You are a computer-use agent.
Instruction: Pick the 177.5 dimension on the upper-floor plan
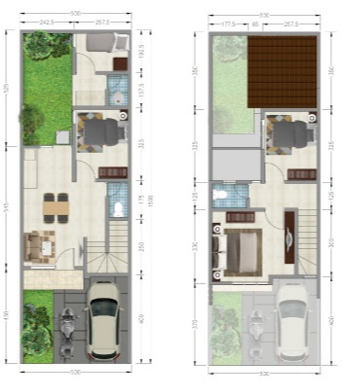(229, 24)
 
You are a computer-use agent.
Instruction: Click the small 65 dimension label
(256, 24)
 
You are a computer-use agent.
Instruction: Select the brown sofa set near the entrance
(39, 246)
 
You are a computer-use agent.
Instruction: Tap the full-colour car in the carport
(103, 320)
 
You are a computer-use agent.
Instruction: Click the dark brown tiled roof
(282, 72)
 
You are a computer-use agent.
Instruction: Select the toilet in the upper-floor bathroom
(220, 194)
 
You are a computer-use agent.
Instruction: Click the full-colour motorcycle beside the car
(66, 332)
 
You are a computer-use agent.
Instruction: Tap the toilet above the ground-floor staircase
(118, 209)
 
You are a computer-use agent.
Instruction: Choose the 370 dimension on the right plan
(196, 323)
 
